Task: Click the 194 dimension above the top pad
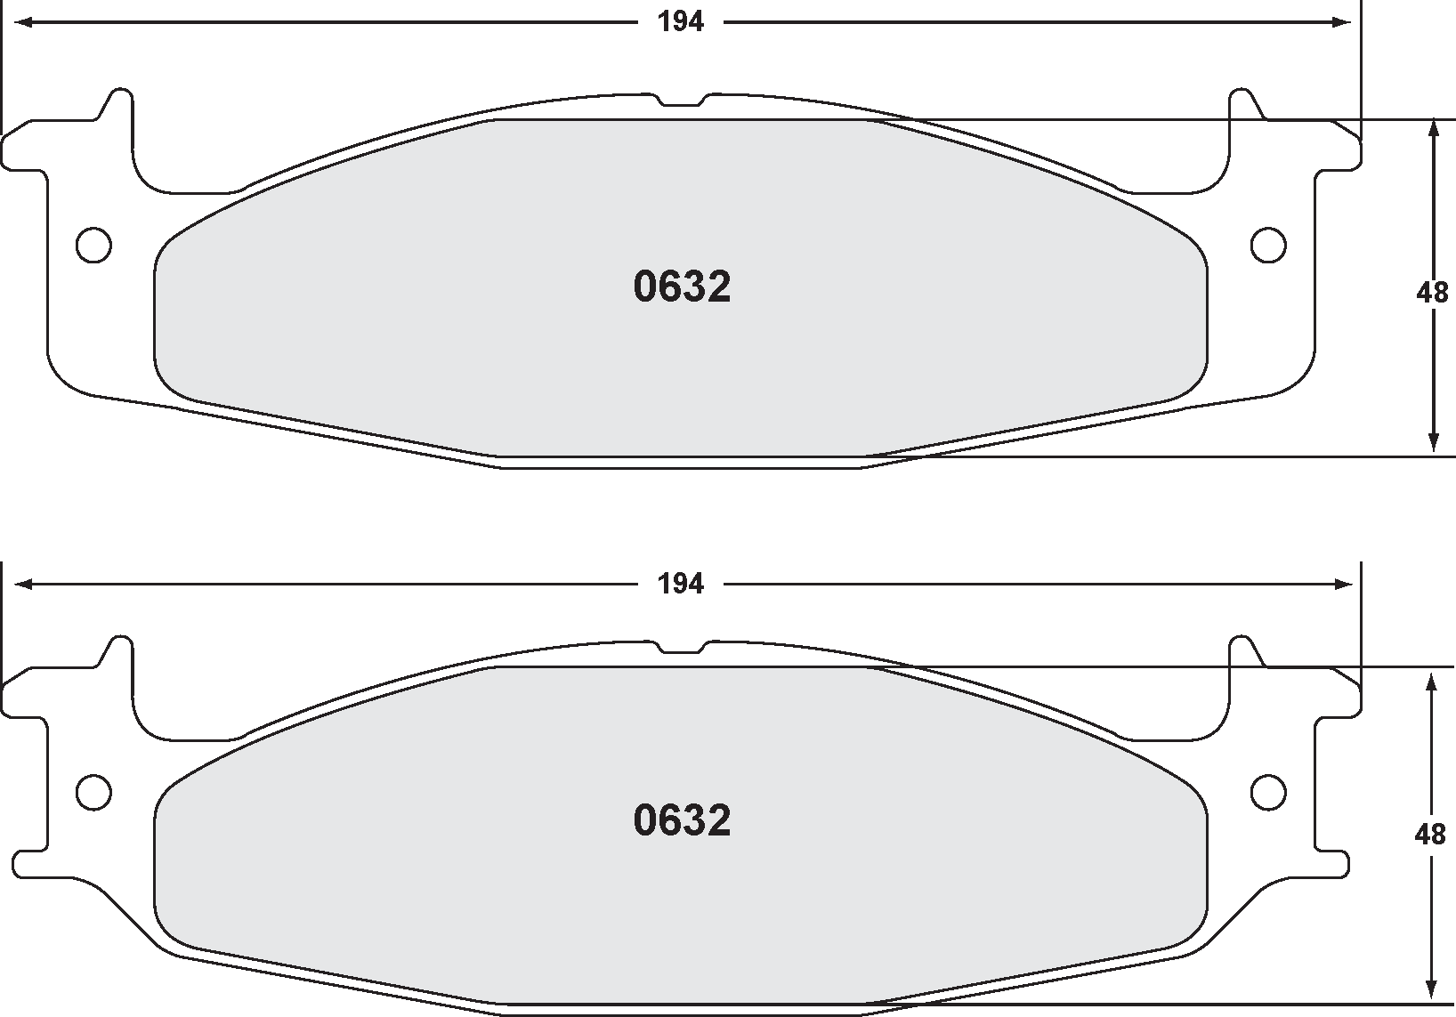[x=681, y=22]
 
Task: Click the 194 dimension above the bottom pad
[x=681, y=584]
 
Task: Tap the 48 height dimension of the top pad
[x=1432, y=292]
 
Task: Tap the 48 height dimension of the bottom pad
[x=1430, y=835]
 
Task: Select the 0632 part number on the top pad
[x=682, y=287]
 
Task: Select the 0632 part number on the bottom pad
[x=682, y=820]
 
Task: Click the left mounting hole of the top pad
[x=93, y=246]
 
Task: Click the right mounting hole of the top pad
[x=1268, y=246]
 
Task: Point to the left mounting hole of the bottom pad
[x=93, y=791]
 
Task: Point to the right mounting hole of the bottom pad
[x=1268, y=791]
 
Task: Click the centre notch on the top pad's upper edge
[x=681, y=101]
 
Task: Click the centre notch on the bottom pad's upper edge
[x=681, y=647]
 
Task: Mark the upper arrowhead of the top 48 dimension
[x=1433, y=130]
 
